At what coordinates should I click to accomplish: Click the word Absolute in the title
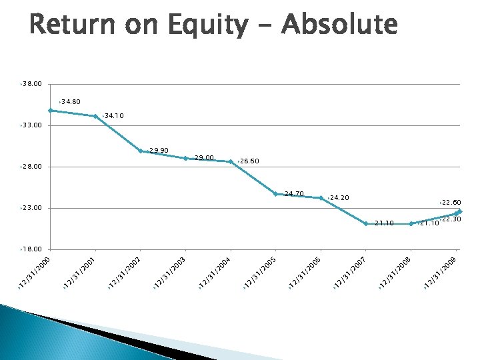point(340,25)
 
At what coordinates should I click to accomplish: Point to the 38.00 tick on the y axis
point(32,84)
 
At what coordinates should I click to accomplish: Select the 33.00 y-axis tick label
point(32,125)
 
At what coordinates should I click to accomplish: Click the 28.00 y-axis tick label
point(32,167)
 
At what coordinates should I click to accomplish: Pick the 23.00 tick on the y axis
point(32,208)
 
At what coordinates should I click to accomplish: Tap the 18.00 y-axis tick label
point(32,249)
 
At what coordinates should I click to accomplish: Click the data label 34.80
point(70,102)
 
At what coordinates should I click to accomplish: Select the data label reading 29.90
point(159,150)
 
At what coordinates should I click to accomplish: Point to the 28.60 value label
point(249,161)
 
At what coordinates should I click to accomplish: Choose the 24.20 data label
point(339,198)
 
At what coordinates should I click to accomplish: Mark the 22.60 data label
point(451,203)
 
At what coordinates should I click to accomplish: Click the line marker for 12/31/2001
point(96,116)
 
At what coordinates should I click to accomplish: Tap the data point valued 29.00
point(186,158)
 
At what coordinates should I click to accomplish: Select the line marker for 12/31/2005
point(276,194)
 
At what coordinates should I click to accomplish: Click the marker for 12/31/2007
point(366,223)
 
